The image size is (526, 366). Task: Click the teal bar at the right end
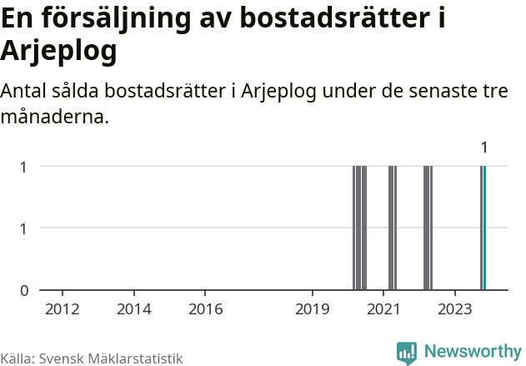pyautogui.click(x=484, y=228)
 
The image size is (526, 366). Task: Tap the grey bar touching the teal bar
pyautogui.click(x=481, y=228)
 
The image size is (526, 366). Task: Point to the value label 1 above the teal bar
pyautogui.click(x=483, y=148)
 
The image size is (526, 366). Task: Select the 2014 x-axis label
pyautogui.click(x=133, y=308)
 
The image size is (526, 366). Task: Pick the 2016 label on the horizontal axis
pyautogui.click(x=205, y=308)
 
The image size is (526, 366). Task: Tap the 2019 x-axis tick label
pyautogui.click(x=312, y=308)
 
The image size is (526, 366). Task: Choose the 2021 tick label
pyautogui.click(x=383, y=308)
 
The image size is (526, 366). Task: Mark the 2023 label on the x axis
pyautogui.click(x=454, y=308)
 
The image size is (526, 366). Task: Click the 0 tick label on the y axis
pyautogui.click(x=24, y=290)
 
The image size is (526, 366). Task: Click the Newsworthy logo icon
pyautogui.click(x=407, y=353)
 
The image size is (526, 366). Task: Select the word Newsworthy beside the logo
pyautogui.click(x=472, y=352)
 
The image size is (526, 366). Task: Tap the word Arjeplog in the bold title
pyautogui.click(x=58, y=52)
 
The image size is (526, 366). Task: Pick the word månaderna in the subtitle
pyautogui.click(x=55, y=117)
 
